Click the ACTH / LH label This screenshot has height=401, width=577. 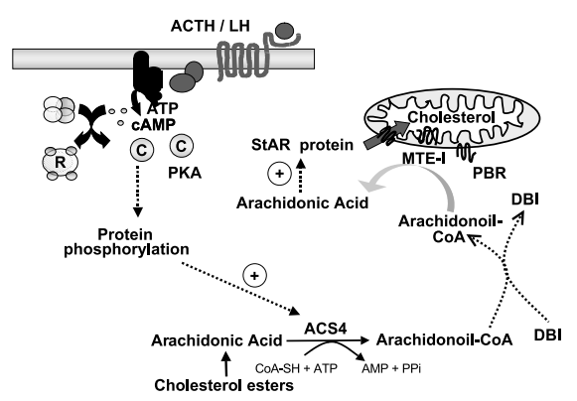pos(211,26)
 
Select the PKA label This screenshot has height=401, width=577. pos(185,173)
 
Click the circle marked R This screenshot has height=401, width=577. pos(61,162)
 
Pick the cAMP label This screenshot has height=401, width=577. pos(154,125)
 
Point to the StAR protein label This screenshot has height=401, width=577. pos(302,145)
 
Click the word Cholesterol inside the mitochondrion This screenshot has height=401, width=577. pos(451,117)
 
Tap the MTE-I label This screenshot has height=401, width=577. pos(423,159)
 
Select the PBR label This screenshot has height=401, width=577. pos(489,173)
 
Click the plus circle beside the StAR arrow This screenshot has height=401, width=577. pos(280,174)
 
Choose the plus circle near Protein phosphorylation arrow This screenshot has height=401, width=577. pos(254,276)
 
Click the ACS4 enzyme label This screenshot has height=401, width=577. pos(326,329)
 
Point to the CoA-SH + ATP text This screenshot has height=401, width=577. pos(296,368)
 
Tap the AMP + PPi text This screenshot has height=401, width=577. pos(391,368)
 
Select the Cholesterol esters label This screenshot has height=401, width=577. pos(224,385)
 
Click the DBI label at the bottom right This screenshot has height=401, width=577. pos(548,335)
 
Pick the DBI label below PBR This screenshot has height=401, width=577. pos(525,200)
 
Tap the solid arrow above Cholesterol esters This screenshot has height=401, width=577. pos(226,364)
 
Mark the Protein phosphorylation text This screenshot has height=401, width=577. pos(126,242)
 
